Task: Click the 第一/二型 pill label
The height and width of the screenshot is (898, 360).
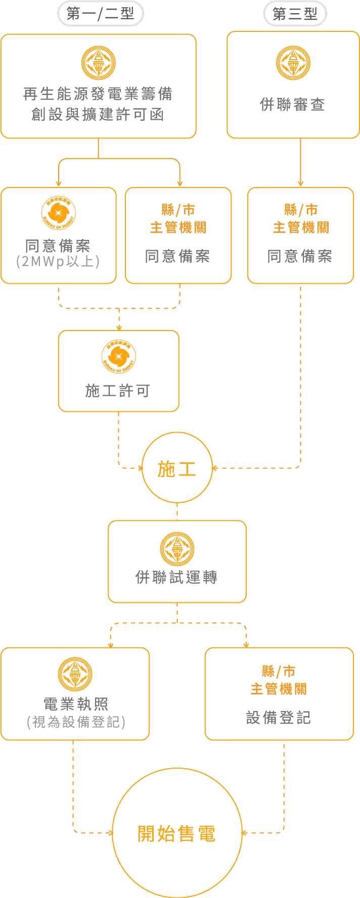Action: (x=100, y=14)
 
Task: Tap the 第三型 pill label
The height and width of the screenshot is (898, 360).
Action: (x=295, y=14)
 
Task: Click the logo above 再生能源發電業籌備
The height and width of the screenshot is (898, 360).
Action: (x=99, y=63)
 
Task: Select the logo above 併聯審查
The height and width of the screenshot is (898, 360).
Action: (x=293, y=63)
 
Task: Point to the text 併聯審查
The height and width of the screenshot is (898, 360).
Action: (x=293, y=105)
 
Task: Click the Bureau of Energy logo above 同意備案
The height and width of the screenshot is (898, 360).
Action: (x=59, y=212)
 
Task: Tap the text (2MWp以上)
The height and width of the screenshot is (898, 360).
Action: (x=58, y=262)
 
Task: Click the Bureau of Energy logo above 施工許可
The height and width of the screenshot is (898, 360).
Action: (x=119, y=356)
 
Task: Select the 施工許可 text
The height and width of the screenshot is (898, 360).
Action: (x=118, y=391)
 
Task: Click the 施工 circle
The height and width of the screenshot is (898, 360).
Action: (x=177, y=468)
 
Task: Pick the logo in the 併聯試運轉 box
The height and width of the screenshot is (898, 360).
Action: (x=177, y=549)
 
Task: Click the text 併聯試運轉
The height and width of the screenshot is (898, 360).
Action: (x=176, y=577)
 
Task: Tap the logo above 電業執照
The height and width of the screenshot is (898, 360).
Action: (x=75, y=674)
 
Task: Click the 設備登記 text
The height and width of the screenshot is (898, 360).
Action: (x=279, y=718)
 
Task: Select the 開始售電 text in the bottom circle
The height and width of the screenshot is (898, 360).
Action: (x=177, y=834)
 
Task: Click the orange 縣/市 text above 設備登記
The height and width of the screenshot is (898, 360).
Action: (x=279, y=672)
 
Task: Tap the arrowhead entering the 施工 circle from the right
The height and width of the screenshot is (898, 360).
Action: (x=214, y=468)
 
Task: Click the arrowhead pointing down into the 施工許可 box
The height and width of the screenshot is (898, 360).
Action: (x=119, y=327)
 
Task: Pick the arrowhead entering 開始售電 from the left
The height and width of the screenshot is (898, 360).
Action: (x=110, y=833)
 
